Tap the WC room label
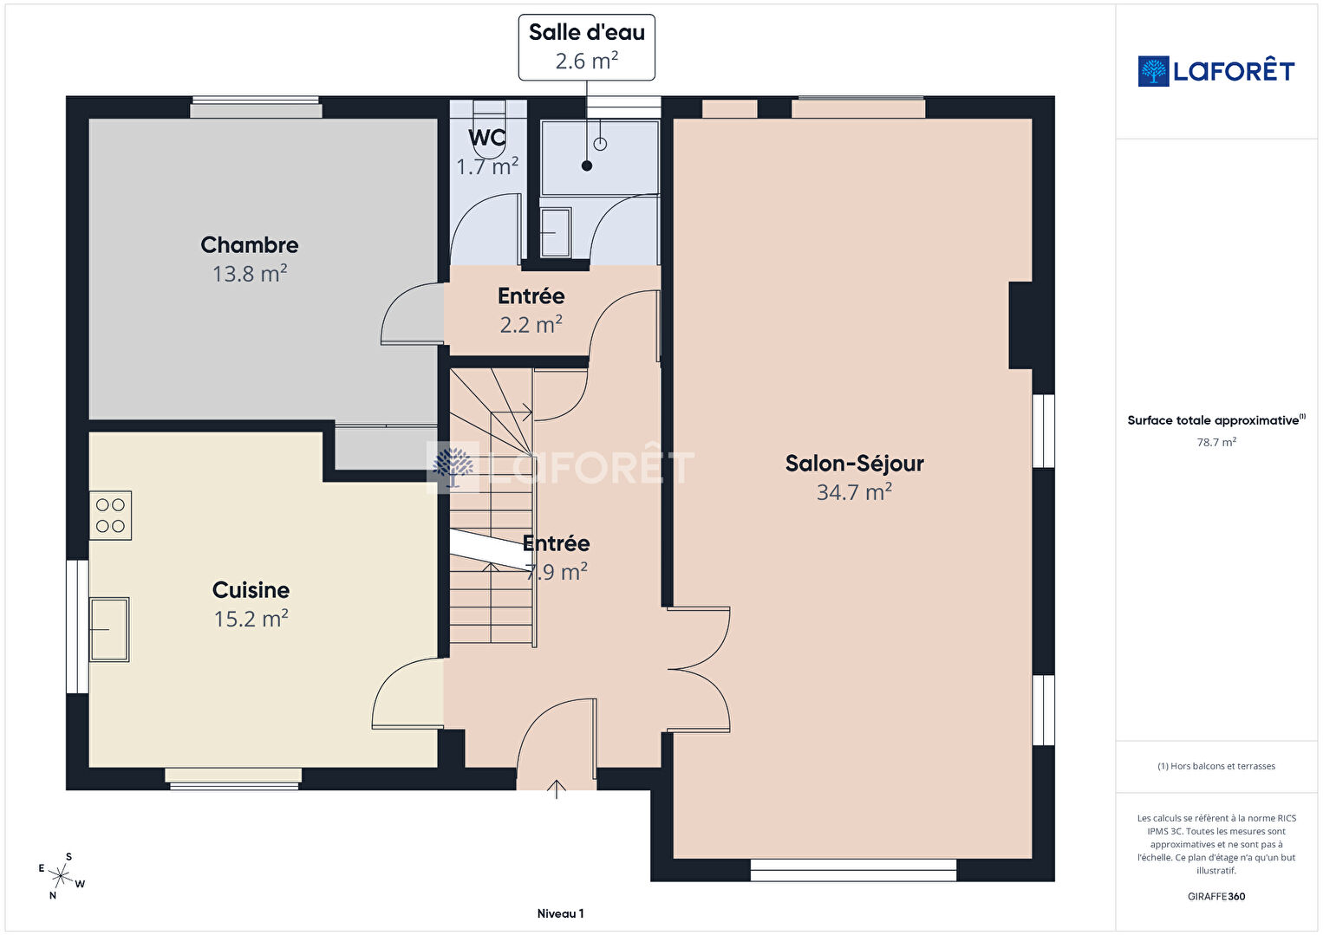click(487, 138)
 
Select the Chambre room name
click(249, 245)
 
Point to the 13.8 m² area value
click(249, 273)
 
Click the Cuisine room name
click(251, 590)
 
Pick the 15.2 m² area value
click(251, 618)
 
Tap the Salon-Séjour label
click(854, 464)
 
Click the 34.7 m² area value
click(854, 491)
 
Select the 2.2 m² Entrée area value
click(531, 324)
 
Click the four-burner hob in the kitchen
click(110, 516)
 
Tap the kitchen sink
click(109, 629)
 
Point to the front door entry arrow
click(557, 789)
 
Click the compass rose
click(60, 876)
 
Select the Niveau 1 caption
click(560, 913)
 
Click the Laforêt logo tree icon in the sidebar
click(1153, 71)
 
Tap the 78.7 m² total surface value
click(1216, 442)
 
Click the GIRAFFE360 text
click(1216, 896)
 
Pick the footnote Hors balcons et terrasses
click(1216, 766)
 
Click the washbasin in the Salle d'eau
click(556, 232)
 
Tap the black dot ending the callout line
click(586, 166)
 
